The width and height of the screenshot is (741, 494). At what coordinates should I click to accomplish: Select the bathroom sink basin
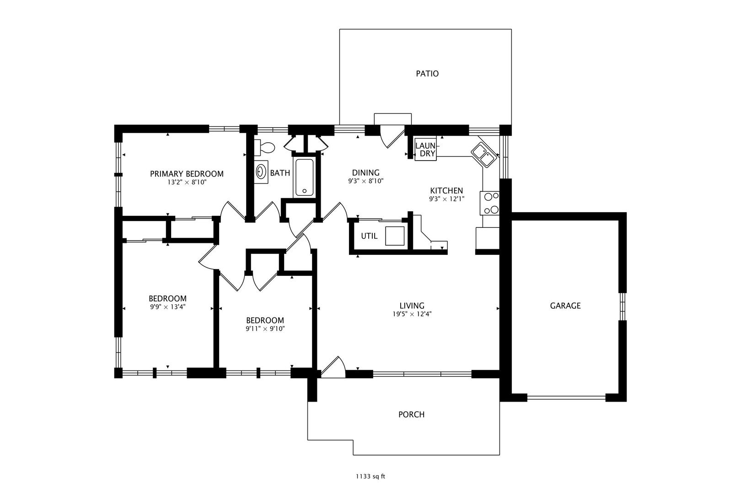point(261,172)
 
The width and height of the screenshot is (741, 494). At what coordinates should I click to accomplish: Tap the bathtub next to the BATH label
point(304,177)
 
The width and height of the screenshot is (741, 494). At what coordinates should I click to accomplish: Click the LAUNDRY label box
point(426,150)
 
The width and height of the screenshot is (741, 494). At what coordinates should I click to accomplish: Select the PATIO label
point(427,74)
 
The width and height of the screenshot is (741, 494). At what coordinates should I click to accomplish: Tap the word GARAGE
point(565,306)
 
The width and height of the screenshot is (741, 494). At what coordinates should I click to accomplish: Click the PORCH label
point(411,414)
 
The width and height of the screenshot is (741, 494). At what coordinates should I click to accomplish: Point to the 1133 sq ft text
point(370,476)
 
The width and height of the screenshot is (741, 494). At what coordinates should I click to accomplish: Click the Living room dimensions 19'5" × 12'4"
point(412,314)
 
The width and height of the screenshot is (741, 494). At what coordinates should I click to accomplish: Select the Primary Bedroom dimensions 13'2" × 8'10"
point(187,182)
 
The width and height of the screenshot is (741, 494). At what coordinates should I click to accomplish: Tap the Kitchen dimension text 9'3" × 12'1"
point(446,199)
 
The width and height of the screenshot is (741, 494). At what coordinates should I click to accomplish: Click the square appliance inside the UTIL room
point(395,236)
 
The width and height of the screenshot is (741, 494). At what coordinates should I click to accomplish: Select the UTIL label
point(369,236)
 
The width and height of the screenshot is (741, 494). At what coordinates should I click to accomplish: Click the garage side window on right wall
point(623,306)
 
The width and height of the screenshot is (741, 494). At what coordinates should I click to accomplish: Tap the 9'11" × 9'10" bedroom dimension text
point(265,328)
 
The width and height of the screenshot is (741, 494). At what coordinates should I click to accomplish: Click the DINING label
point(365,172)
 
